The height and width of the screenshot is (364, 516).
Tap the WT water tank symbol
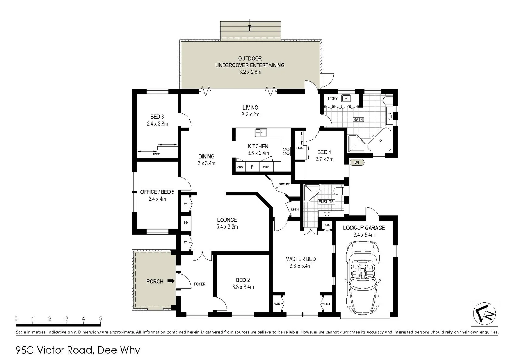(357, 163)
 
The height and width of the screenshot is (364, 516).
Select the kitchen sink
(261, 133)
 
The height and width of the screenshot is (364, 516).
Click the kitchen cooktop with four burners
(286, 151)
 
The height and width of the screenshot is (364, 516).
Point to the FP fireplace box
(186, 223)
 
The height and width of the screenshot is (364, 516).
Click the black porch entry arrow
(171, 281)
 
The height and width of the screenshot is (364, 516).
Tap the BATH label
(358, 120)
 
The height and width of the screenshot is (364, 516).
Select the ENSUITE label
(326, 202)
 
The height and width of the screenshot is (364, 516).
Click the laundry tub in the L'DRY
(346, 99)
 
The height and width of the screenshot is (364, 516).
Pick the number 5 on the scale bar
(100, 318)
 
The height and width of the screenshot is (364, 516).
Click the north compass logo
(485, 314)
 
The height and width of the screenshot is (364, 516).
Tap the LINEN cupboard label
(295, 210)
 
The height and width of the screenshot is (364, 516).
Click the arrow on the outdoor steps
(250, 25)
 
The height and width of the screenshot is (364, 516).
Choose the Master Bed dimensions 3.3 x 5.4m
(301, 266)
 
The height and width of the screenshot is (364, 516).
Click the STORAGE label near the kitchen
(285, 184)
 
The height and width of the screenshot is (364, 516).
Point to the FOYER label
(200, 284)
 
